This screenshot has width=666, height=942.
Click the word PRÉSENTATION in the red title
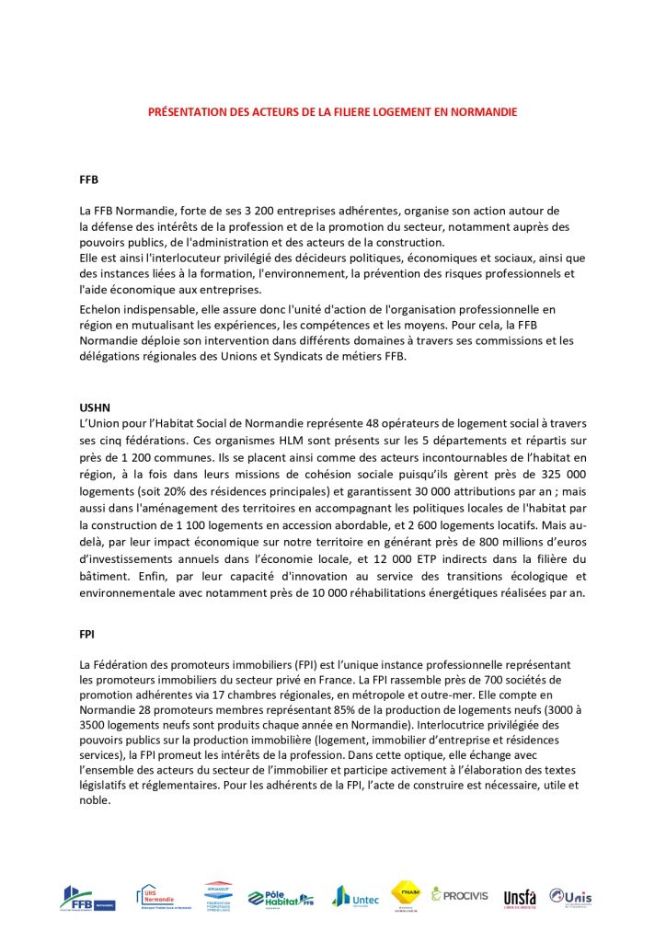point(183,112)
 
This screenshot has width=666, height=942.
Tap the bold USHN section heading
point(95,408)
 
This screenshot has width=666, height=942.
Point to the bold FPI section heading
point(87,634)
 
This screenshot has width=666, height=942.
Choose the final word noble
point(96,800)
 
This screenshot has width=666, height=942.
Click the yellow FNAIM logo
point(406,892)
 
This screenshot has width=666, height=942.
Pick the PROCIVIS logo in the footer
point(460,894)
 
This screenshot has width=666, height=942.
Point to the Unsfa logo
point(520,897)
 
